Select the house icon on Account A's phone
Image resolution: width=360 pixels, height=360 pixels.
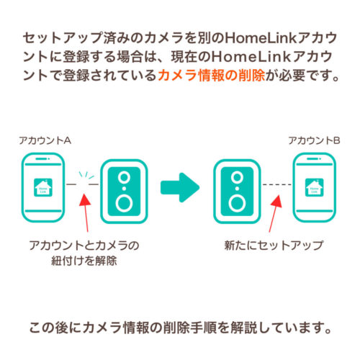click(x=45, y=186)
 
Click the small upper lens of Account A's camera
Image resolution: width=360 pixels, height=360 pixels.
click(x=125, y=176)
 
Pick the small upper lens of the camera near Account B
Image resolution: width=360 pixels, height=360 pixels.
click(x=235, y=176)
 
